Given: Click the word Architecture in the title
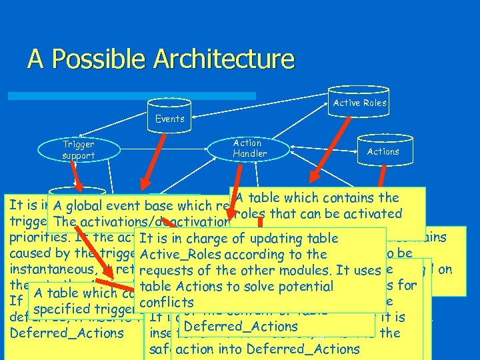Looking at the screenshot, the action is [223, 59].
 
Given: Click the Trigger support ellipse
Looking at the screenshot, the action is [78, 150].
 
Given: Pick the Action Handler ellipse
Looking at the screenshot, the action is [249, 148].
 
